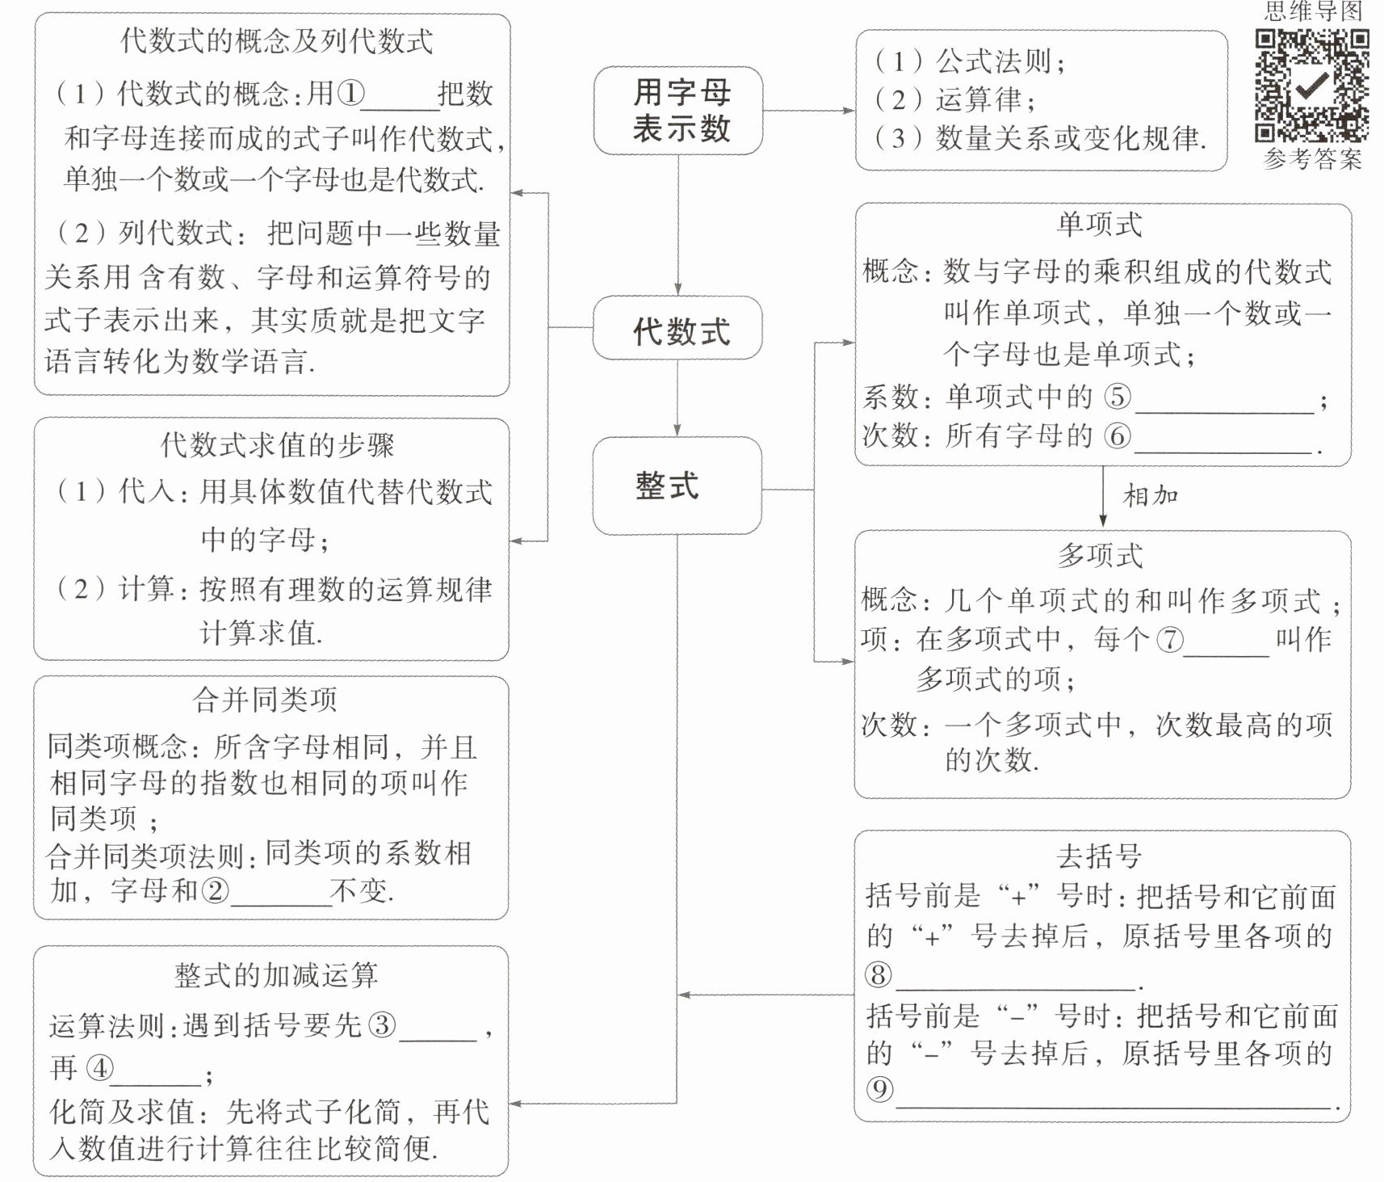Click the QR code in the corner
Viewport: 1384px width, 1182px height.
click(1312, 85)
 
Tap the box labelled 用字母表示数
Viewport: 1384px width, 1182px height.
click(678, 111)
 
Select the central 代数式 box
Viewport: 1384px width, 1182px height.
click(677, 328)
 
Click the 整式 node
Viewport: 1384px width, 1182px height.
click(677, 486)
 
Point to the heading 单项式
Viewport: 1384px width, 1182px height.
click(1100, 225)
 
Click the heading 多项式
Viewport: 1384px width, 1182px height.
click(1100, 556)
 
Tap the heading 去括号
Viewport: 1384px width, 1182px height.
click(1100, 856)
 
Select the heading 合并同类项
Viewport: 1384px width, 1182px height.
click(265, 700)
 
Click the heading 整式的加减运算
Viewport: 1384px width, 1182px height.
click(276, 975)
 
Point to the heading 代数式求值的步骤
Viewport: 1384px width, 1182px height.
click(277, 444)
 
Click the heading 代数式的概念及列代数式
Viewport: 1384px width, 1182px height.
click(277, 40)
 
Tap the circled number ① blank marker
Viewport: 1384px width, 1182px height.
click(350, 94)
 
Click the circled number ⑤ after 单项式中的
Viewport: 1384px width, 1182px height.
click(1118, 396)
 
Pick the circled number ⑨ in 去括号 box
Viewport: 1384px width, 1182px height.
click(880, 1089)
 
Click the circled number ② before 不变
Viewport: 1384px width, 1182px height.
click(215, 890)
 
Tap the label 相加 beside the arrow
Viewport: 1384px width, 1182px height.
click(1151, 494)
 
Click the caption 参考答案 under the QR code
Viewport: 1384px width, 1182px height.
click(1313, 158)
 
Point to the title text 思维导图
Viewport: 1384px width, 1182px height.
click(1313, 11)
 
